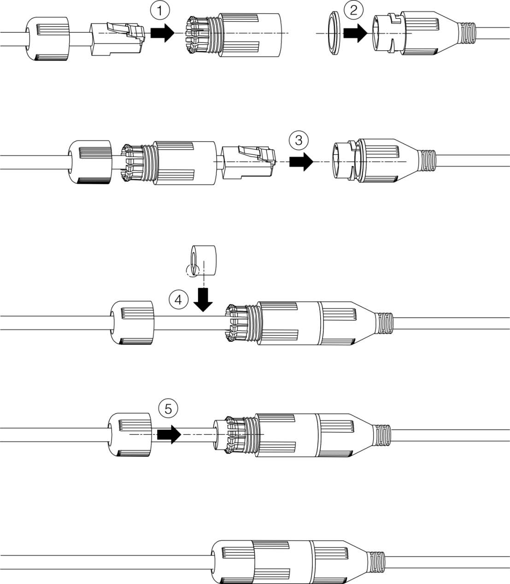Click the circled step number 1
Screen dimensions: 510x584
point(160,11)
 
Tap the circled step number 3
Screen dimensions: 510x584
point(299,140)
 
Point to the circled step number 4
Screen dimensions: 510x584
point(178,300)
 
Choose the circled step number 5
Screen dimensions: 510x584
point(168,409)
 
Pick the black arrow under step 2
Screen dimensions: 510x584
point(355,33)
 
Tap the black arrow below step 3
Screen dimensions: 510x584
point(301,162)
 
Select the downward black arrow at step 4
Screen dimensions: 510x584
point(203,300)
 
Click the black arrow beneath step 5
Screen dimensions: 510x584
point(170,434)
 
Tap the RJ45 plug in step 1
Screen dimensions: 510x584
point(117,39)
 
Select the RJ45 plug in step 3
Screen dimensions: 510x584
point(249,162)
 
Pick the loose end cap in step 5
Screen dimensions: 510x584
point(129,434)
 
